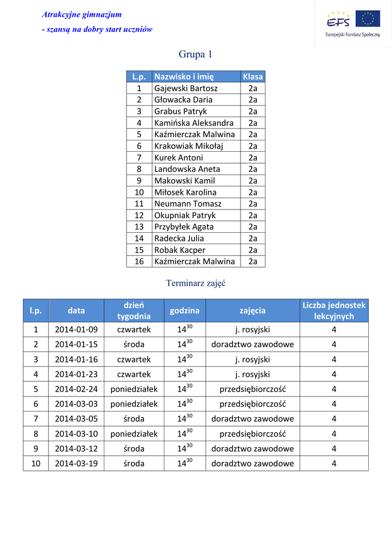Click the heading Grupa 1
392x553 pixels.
coord(195,55)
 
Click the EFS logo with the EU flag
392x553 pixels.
coord(353,24)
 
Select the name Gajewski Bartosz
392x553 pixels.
coord(186,88)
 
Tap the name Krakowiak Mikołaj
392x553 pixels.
coord(189,146)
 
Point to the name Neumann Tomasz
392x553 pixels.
coord(188,204)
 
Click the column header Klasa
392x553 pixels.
coord(253,77)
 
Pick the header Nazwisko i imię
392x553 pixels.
coord(184,77)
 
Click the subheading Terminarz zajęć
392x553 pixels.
coord(195,283)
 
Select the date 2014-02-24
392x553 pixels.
coord(76,389)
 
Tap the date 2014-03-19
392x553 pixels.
coord(76,463)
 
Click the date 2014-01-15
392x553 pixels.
coord(76,344)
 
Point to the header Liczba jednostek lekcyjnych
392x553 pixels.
coord(334,311)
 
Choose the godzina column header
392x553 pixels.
coord(184,311)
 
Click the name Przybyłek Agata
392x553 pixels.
coord(184,227)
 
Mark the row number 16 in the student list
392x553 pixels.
coord(139,261)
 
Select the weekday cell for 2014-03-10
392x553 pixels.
coord(134,434)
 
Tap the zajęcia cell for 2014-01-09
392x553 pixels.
coord(253,329)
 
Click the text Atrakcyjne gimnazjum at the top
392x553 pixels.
coord(82,15)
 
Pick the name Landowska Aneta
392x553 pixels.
coord(187,169)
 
